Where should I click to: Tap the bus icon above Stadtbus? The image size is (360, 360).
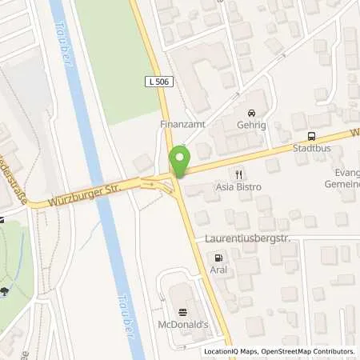pyautogui.click(x=311, y=136)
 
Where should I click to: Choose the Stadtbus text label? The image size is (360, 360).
pyautogui.click(x=311, y=148)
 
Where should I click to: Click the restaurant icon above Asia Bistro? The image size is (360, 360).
pyautogui.click(x=238, y=174)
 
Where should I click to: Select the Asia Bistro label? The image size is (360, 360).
pyautogui.click(x=238, y=186)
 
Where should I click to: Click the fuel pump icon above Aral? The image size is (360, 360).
pyautogui.click(x=216, y=258)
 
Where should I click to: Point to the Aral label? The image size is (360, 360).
pyautogui.click(x=216, y=270)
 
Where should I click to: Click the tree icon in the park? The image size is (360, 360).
pyautogui.click(x=6, y=290)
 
